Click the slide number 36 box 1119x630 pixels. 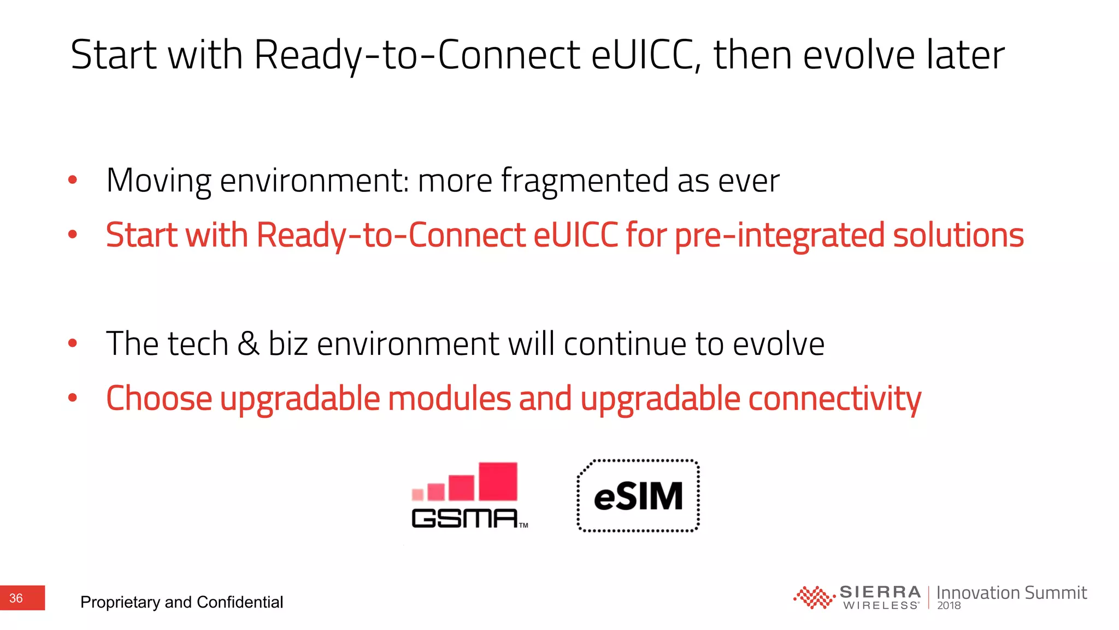pos(22,598)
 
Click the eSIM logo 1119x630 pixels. pos(638,496)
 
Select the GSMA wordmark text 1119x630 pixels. pos(464,518)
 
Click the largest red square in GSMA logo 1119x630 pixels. pos(498,481)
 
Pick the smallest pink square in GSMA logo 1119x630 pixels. pos(417,495)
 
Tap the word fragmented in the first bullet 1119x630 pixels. pos(585,180)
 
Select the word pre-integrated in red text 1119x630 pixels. pos(780,235)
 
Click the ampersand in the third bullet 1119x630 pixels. pos(248,344)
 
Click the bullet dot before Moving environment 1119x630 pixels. pos(73,180)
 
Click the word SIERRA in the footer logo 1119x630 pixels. pos(880,592)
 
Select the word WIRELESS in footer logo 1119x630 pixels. pos(880,605)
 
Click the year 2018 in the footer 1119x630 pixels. pos(949,605)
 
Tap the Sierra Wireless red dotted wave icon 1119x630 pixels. pos(813,597)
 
